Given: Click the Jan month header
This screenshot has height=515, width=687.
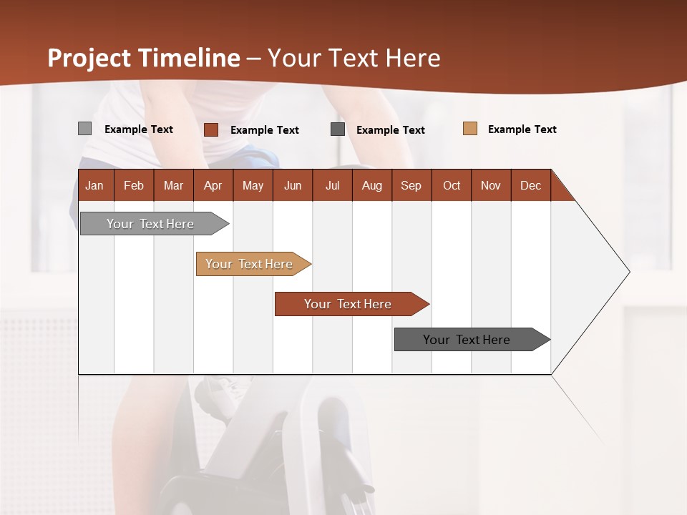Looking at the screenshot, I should point(94,185).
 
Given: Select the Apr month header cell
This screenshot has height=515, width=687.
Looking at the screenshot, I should point(213,185).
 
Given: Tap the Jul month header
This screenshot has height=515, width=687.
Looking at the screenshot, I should point(332,185).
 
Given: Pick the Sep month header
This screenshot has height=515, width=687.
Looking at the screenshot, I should point(411,185).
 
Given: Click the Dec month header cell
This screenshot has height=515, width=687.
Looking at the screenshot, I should point(530,185).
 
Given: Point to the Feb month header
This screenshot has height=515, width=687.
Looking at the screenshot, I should point(134,185).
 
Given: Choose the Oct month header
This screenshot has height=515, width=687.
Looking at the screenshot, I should point(452,185).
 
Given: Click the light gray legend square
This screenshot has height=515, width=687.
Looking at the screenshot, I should point(84,129).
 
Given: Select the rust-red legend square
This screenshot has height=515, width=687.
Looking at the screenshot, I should point(210,129).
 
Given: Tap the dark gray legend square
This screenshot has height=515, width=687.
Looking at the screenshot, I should point(338,129).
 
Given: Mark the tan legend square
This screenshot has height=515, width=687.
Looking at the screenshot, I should point(469,129).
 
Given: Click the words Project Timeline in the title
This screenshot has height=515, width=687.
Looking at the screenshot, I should point(144,58).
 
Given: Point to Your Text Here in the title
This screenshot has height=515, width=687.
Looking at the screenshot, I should point(354,58).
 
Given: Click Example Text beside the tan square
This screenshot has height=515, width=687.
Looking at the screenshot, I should point(522,129).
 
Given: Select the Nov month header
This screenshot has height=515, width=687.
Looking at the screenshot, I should point(491,185).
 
